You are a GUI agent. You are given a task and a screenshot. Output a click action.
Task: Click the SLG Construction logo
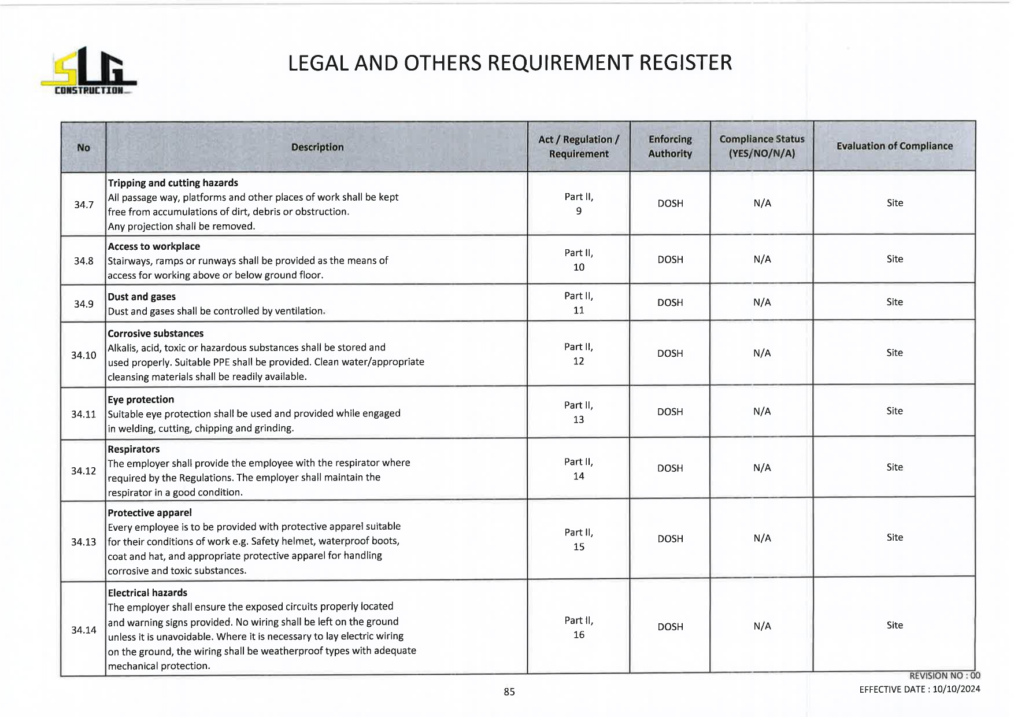[88, 72]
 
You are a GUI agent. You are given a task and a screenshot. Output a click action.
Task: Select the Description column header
[317, 147]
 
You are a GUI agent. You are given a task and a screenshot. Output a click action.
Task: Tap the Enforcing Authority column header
[670, 146]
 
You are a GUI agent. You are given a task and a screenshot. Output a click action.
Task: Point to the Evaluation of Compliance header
[894, 146]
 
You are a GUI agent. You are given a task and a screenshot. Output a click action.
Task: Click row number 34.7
[84, 205]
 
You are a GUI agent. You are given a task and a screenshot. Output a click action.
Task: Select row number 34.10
[84, 355]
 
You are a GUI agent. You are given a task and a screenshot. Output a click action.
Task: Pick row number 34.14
[84, 630]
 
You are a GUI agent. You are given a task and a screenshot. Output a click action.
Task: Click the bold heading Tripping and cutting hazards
[173, 183]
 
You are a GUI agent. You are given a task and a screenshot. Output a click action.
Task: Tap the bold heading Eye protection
[140, 400]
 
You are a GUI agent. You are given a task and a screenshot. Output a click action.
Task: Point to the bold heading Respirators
[134, 449]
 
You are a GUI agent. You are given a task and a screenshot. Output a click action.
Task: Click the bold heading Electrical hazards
[147, 593]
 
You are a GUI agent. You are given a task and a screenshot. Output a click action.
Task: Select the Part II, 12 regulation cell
[579, 354]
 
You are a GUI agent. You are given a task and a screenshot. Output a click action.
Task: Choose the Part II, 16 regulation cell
[579, 627]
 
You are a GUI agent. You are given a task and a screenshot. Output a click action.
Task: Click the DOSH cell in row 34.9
[670, 302]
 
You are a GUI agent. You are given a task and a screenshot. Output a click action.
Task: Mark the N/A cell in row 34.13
[762, 538]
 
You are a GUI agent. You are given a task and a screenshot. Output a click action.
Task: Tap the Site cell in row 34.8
[894, 259]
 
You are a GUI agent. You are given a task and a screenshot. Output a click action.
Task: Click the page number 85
[509, 692]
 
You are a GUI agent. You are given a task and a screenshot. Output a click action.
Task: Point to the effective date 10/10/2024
[956, 689]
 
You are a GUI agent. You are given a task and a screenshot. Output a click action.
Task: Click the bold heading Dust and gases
[142, 297]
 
